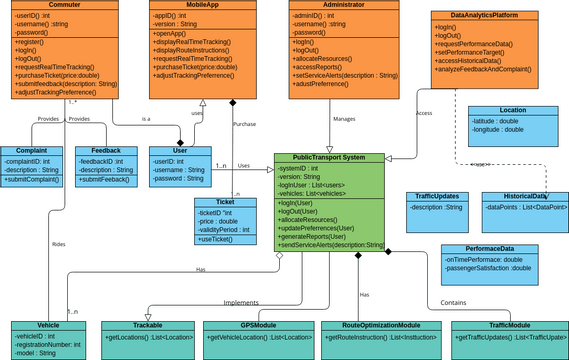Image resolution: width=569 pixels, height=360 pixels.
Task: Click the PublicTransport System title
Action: pyautogui.click(x=330, y=157)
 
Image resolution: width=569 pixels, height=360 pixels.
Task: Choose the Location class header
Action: pyautogui.click(x=512, y=110)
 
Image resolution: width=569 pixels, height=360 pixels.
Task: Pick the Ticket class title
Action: pyautogui.click(x=224, y=202)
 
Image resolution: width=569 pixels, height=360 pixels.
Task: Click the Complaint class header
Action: pyautogui.click(x=31, y=151)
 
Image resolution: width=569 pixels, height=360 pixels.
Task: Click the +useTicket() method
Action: pyautogui.click(x=215, y=240)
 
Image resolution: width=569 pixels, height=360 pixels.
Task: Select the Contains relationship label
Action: pyautogui.click(x=453, y=301)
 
